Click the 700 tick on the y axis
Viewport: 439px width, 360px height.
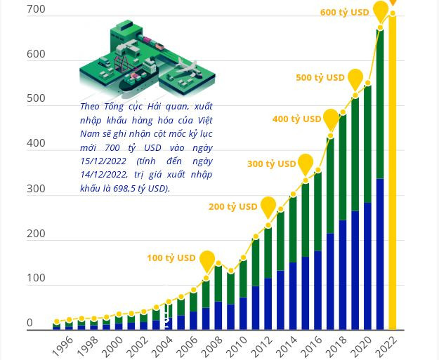pos(36,9)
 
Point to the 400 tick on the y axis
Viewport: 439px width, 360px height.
pos(36,143)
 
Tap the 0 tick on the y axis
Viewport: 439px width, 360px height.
pos(30,323)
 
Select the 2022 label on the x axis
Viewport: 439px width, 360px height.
pos(387,345)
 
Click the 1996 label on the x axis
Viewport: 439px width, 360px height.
pos(63,345)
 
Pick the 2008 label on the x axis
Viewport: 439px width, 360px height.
pos(211,345)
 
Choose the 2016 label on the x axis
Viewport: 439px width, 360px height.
pos(312,345)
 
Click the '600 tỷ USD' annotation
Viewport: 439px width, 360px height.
pos(344,12)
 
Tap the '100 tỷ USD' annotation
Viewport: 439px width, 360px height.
pos(171,258)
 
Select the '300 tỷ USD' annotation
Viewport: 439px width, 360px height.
pos(271,164)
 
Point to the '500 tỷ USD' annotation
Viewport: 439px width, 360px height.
pos(320,77)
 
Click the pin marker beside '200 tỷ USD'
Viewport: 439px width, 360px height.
pos(268,207)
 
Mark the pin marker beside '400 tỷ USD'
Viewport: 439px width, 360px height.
pos(331,119)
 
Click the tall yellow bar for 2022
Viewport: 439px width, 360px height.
pos(393,175)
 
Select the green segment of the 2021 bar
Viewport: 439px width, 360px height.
pos(380,105)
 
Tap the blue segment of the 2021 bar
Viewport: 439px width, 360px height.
pos(380,253)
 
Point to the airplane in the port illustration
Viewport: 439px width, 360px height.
pos(184,68)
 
